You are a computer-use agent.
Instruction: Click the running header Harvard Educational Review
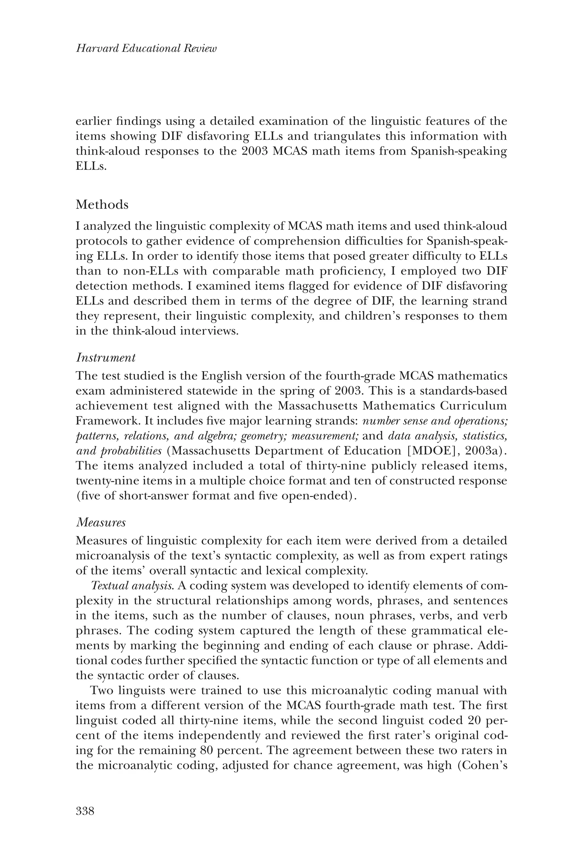coord(146,49)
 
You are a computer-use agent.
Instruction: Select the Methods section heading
coord(102,205)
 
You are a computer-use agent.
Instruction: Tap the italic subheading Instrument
coord(106,358)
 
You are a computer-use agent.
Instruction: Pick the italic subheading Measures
coord(101,523)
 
